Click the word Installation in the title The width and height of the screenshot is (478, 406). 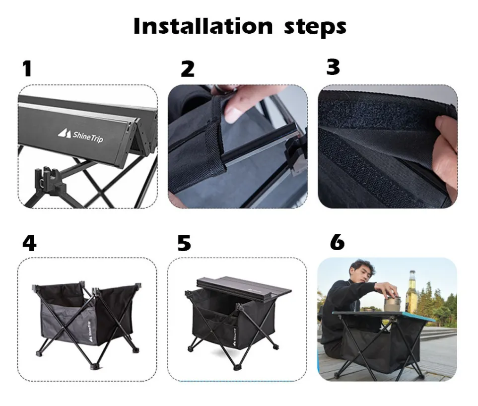click(x=203, y=26)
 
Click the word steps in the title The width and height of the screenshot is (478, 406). click(x=315, y=28)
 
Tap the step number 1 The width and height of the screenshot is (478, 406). click(x=27, y=68)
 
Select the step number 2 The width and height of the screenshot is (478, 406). click(x=188, y=69)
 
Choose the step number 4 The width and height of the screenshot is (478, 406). click(x=30, y=243)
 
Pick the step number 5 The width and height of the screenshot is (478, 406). click(x=184, y=243)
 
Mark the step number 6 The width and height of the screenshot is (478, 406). click(x=337, y=243)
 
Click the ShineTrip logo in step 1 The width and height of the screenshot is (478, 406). click(x=80, y=135)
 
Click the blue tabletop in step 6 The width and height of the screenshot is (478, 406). click(x=384, y=316)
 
